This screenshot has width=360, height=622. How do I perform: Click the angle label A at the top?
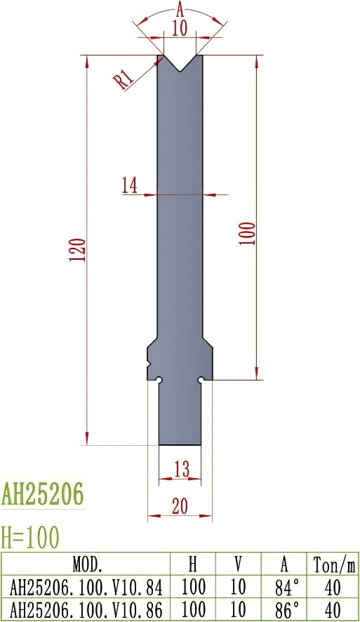(x=180, y=10)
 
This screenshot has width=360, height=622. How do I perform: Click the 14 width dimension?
(x=129, y=185)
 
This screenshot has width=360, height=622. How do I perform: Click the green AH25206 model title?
(x=43, y=494)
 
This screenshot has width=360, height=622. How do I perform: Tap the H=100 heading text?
(x=30, y=537)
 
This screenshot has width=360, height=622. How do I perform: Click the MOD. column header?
(x=88, y=564)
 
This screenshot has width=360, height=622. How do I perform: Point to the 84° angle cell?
(x=284, y=586)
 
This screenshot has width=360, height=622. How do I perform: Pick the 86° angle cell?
(x=284, y=608)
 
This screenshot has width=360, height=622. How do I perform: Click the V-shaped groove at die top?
(x=180, y=64)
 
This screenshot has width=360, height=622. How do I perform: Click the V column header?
(x=239, y=564)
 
